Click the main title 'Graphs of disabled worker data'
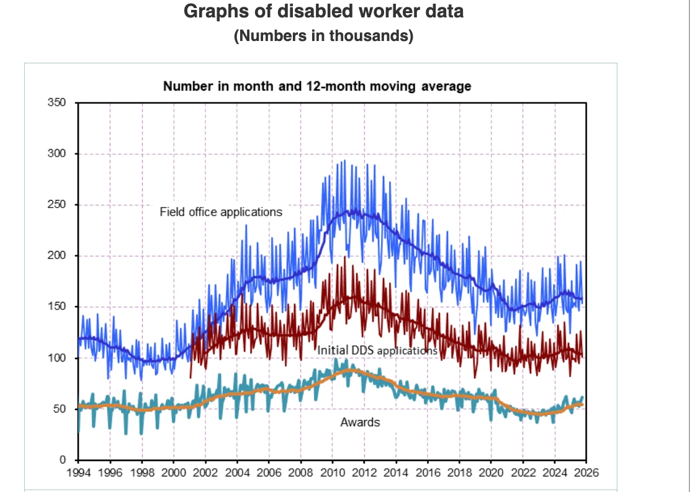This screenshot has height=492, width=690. pyautogui.click(x=323, y=12)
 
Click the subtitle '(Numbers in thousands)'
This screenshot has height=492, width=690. pyautogui.click(x=323, y=36)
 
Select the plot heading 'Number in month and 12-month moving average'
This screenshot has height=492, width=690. pyautogui.click(x=317, y=86)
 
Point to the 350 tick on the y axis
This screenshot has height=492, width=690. pyautogui.click(x=58, y=102)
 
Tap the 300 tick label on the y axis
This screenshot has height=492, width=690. pyautogui.click(x=58, y=153)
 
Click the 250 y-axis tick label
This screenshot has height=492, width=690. pyautogui.click(x=58, y=205)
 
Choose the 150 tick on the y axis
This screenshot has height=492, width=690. pyautogui.click(x=58, y=307)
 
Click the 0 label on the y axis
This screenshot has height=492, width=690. pyautogui.click(x=63, y=460)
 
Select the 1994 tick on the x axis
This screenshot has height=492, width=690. pyautogui.click(x=78, y=472)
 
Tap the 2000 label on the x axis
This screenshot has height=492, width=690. pyautogui.click(x=174, y=472)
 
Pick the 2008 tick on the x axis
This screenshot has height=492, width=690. pyautogui.click(x=300, y=472)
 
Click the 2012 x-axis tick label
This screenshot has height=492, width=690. pyautogui.click(x=364, y=472)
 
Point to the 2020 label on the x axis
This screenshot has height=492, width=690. pyautogui.click(x=490, y=472)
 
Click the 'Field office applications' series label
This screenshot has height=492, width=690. pyautogui.click(x=221, y=212)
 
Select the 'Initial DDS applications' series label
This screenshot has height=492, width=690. pyautogui.click(x=377, y=350)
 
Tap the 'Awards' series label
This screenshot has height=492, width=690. pyautogui.click(x=360, y=422)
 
